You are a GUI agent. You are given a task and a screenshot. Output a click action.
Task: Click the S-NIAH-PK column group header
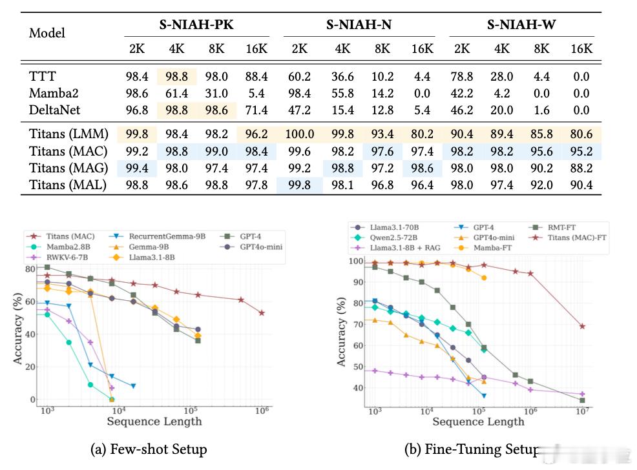pos(196,26)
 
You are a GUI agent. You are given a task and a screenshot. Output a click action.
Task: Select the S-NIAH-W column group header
pos(522,26)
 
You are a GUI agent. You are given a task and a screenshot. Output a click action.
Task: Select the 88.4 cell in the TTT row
pos(256,77)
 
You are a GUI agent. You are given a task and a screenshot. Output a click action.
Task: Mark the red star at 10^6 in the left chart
pos(262,312)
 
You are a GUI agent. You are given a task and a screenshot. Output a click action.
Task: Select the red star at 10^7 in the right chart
pos(582,326)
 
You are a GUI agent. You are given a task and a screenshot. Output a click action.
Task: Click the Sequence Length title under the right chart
pos(478,422)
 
